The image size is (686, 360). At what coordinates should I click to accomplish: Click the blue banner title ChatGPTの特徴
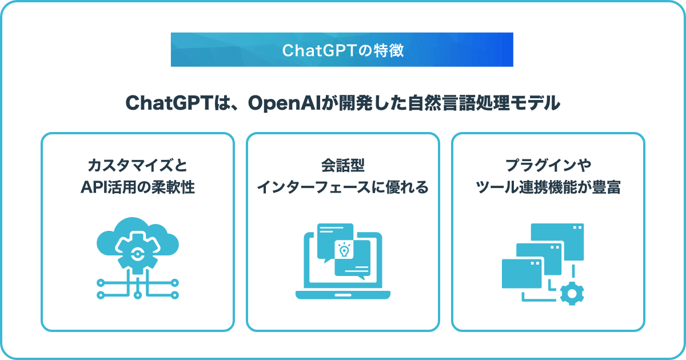coord(343,50)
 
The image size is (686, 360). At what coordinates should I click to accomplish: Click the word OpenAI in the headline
coord(284,103)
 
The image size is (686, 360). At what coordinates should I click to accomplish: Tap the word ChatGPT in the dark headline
coord(169,103)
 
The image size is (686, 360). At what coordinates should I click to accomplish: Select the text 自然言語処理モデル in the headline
coord(484,103)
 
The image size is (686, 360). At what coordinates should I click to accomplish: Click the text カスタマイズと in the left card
coord(138,165)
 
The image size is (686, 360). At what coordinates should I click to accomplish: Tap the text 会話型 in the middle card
coord(342,165)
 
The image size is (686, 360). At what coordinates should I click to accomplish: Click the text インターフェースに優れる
coord(342,187)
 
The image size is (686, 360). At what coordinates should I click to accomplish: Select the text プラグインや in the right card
coord(548,165)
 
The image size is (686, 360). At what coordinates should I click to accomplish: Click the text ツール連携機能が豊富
coord(548,187)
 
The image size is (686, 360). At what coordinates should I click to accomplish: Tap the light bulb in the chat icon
coord(344,250)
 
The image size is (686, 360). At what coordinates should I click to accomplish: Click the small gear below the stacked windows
coord(572,294)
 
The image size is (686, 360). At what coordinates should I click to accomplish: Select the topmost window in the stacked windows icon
coord(557,242)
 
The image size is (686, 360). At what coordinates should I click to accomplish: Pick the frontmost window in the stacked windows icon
coord(522,274)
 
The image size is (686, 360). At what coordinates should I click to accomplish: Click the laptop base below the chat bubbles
coord(342,295)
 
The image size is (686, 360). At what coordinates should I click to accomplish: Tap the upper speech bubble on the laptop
coord(335,242)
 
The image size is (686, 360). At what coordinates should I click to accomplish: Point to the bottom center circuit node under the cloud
coord(138,295)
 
